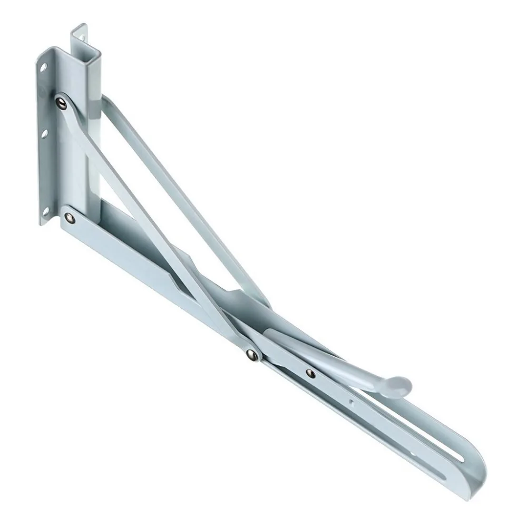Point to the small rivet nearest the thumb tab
click(x=311, y=373)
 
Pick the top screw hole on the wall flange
click(x=44, y=67)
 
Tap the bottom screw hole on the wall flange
click(x=45, y=211)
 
